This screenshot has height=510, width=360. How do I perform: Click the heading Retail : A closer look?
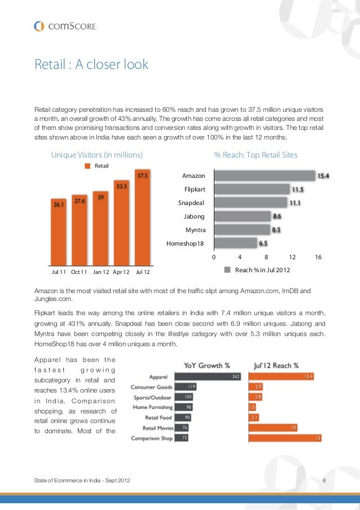click(x=91, y=64)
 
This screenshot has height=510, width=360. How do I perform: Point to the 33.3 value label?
click(x=121, y=185)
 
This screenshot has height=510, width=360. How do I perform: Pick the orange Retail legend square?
click(x=87, y=165)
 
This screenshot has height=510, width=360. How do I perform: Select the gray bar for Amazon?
click(x=265, y=176)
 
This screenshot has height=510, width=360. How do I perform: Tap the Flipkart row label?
click(x=195, y=189)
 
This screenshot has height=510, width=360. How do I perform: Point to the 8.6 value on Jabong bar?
click(x=277, y=216)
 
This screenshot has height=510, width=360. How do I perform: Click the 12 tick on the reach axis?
click(x=292, y=257)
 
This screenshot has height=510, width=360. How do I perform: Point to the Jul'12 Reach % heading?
click(x=276, y=364)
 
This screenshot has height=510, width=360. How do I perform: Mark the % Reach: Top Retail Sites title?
click(x=256, y=155)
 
